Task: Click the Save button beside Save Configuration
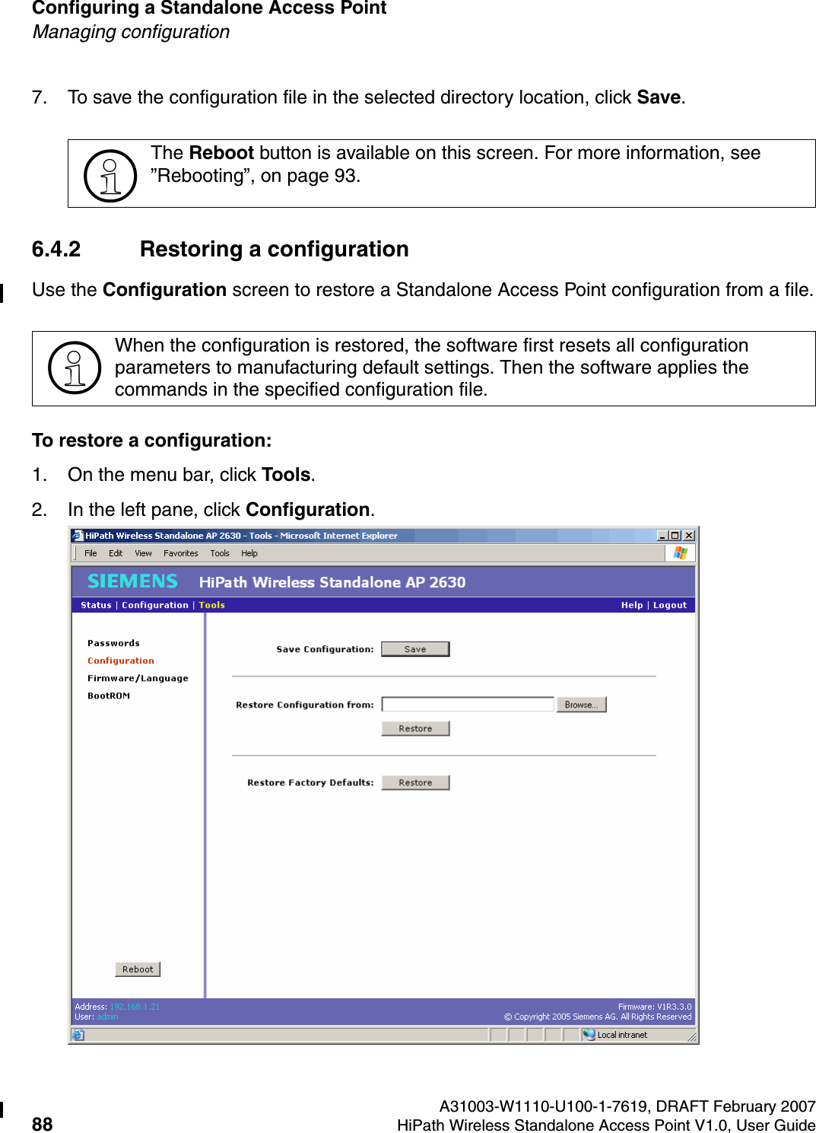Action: pos(415,649)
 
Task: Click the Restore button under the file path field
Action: pos(415,728)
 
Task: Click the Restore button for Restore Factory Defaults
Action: pos(415,782)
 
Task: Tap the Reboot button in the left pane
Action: pos(138,969)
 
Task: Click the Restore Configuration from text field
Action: pos(467,705)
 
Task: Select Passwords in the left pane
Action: pos(113,643)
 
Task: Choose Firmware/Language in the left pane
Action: pos(138,678)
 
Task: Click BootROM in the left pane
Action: pos(109,695)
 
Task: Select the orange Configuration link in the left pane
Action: pos(121,660)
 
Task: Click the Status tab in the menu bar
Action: pos(96,605)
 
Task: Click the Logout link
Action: pos(669,605)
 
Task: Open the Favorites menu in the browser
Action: pos(181,553)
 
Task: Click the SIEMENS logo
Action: pos(132,581)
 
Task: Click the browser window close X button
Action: pos(688,536)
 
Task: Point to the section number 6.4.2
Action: pos(56,250)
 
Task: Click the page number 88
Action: pos(43,1125)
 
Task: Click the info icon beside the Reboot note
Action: pos(110,175)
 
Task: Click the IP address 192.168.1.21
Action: pos(135,1007)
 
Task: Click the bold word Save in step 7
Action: pos(659,97)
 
